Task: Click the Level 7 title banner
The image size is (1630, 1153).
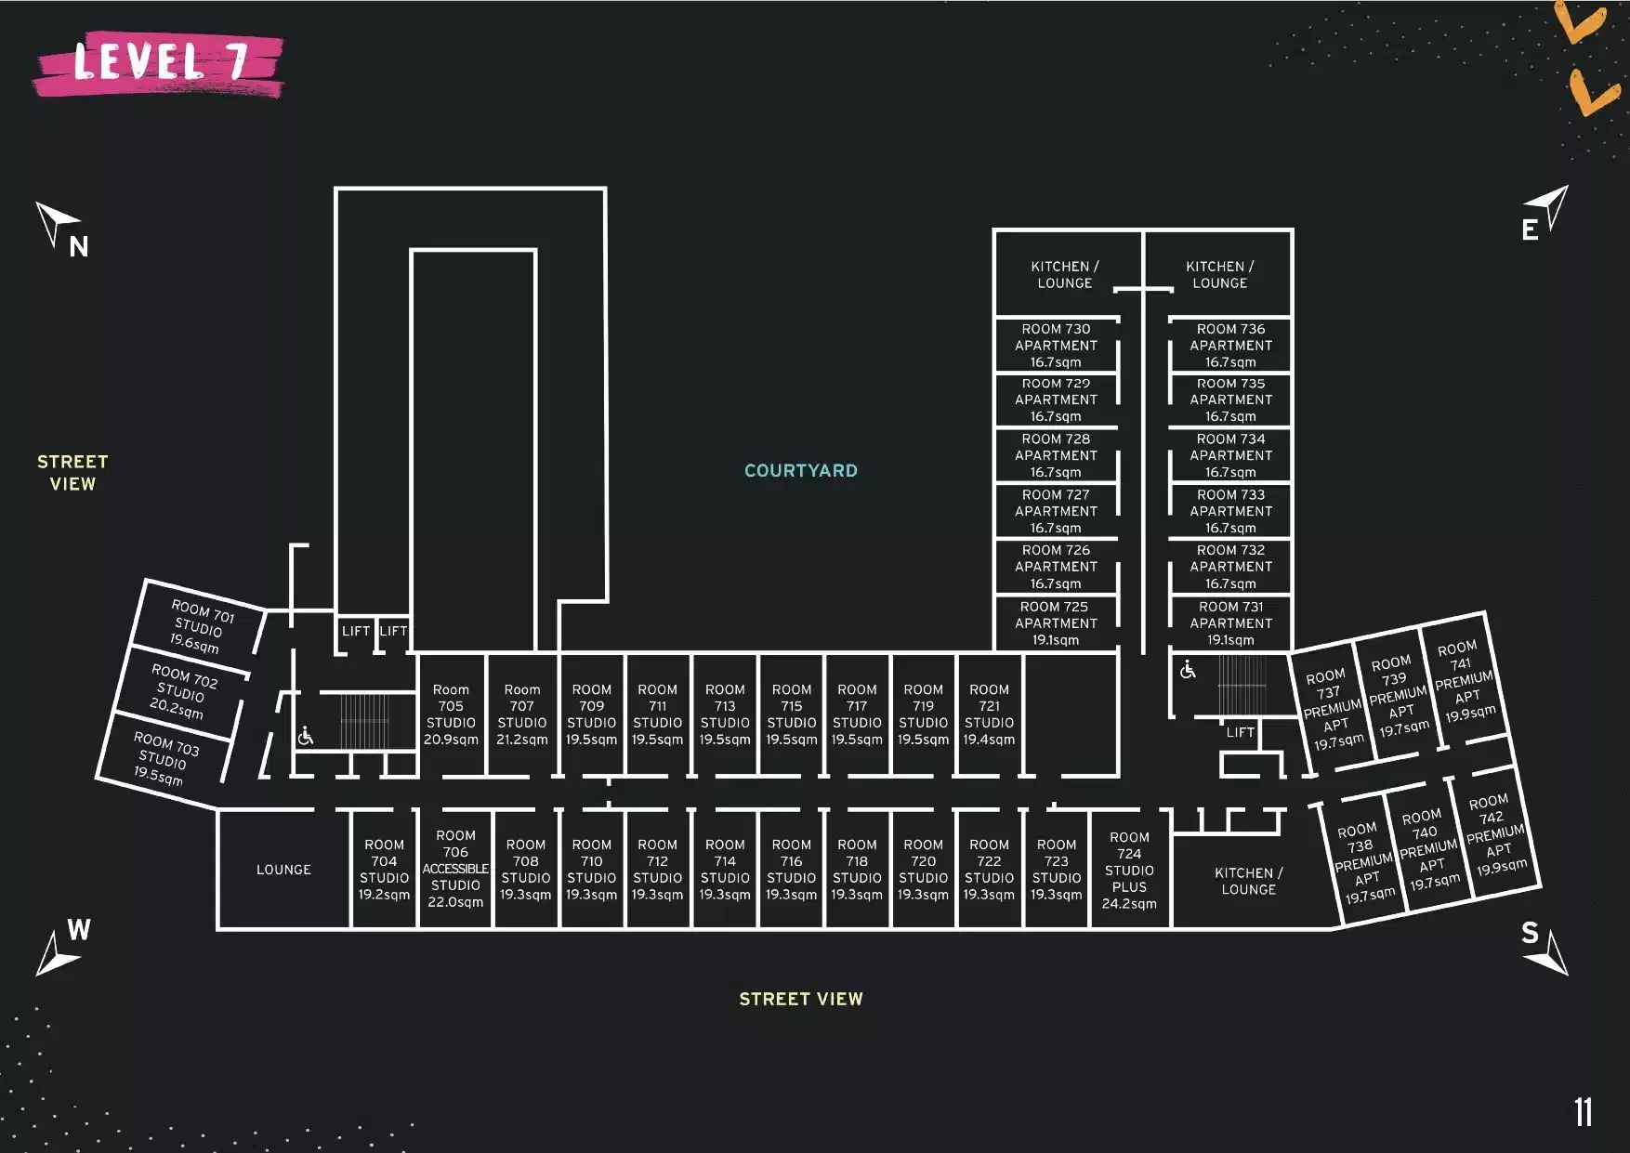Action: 158,63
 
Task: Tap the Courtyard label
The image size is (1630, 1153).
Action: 801,470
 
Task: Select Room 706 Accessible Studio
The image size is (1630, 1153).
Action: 455,869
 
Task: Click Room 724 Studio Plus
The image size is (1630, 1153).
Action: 1129,870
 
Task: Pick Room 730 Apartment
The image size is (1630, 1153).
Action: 1056,346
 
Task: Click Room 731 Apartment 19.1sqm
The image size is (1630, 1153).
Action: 1230,622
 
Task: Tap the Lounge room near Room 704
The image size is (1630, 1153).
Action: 283,870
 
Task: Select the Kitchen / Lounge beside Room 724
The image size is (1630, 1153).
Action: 1248,881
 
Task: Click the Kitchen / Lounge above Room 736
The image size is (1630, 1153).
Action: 1219,274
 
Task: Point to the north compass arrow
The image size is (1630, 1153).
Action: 57,223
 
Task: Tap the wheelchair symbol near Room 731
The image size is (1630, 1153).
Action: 1188,669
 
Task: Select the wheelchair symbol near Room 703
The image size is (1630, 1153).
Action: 306,736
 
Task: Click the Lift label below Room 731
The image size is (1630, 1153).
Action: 1240,732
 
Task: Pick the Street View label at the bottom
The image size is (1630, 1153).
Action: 801,999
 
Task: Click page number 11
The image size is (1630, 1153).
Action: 1584,1112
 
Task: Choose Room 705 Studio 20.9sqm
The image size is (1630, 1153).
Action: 451,714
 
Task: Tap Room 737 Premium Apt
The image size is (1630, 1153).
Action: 1333,709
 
